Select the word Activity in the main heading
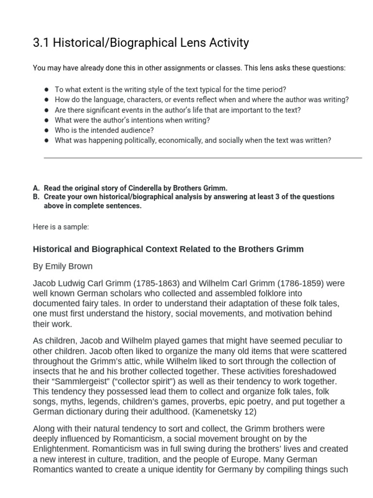pos(227,43)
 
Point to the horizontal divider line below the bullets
pos(203,158)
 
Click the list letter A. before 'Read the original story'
pos(36,188)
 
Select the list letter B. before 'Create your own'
pos(36,196)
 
